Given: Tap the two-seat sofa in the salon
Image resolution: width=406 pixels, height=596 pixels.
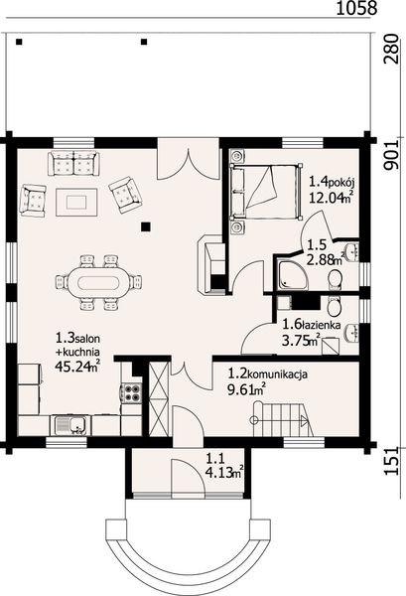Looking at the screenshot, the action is (73, 163).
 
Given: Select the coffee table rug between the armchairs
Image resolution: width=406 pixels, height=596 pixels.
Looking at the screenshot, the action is (76, 203).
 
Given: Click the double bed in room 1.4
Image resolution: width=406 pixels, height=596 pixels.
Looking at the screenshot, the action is (266, 192).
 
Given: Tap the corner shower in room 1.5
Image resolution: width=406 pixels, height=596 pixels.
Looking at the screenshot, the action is (292, 275).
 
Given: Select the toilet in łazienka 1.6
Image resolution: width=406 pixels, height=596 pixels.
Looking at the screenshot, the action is (335, 307).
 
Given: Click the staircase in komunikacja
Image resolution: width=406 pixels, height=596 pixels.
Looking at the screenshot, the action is (283, 420).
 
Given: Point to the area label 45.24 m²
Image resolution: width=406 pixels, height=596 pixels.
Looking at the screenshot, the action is (77, 366).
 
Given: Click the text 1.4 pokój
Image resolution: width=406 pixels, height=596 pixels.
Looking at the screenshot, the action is (334, 182).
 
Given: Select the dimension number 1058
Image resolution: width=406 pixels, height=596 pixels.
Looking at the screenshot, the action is (357, 8).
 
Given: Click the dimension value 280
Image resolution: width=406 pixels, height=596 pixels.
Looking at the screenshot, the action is (391, 49).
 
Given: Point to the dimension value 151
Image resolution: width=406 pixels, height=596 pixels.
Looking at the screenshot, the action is (391, 461).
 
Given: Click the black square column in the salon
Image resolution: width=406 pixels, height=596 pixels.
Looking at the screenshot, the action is (146, 226).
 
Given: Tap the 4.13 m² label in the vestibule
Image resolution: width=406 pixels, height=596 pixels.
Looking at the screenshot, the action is (224, 473).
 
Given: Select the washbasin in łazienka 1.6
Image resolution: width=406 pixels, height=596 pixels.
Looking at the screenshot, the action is (351, 333).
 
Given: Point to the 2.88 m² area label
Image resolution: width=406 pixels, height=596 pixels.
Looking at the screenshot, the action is (326, 259).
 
